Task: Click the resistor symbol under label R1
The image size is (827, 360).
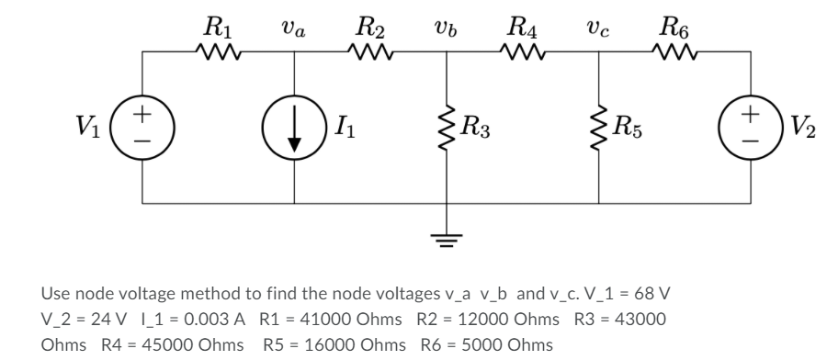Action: click(x=218, y=53)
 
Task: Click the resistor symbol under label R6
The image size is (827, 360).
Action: click(x=675, y=53)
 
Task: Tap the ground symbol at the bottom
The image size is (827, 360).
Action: click(x=447, y=237)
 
